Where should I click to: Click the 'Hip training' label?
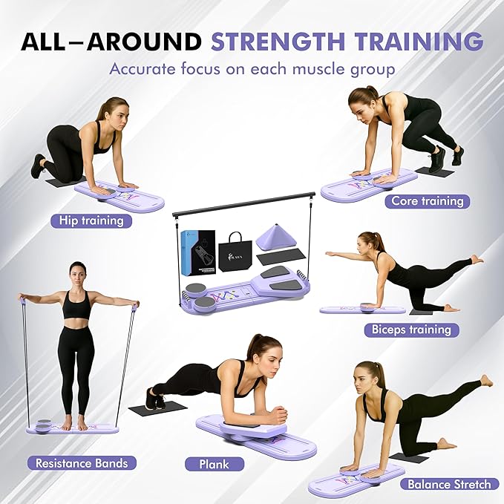tap(91, 220)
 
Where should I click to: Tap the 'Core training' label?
tap(428, 201)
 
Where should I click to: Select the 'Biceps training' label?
tap(411, 330)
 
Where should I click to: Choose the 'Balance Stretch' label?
tap(449, 485)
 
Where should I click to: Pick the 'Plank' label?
tap(215, 465)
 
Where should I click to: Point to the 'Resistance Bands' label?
tap(82, 463)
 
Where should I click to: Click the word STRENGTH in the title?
tap(278, 42)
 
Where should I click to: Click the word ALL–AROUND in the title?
tap(111, 42)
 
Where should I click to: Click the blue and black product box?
tap(198, 252)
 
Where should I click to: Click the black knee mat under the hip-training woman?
tap(66, 182)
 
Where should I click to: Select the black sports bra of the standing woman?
tap(76, 305)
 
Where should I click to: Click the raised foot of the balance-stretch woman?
tap(485, 381)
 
